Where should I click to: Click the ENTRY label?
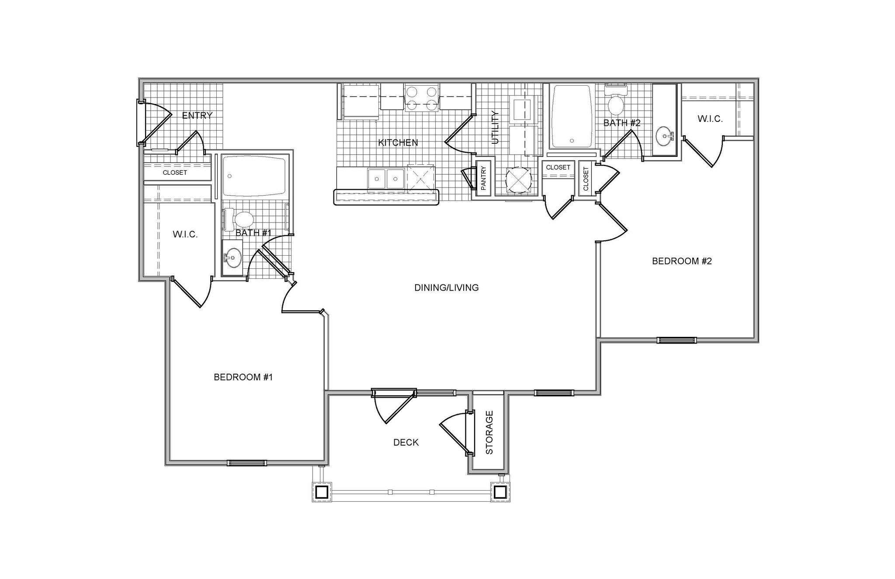point(197,116)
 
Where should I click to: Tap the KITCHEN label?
point(398,142)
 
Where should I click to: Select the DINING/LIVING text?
point(446,288)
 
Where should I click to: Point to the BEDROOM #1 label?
point(243,377)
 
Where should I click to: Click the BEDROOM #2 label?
point(682,261)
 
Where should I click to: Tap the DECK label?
point(406,443)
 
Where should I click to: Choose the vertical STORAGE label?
point(489,433)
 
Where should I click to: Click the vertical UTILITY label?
point(495,128)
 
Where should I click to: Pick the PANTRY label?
point(483,178)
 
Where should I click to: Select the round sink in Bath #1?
point(232,258)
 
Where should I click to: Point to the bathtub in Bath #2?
point(572,117)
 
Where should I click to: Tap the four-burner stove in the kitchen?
point(421,98)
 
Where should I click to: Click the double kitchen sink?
point(386,178)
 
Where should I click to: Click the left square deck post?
point(322,492)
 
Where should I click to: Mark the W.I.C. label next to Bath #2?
point(710,119)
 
